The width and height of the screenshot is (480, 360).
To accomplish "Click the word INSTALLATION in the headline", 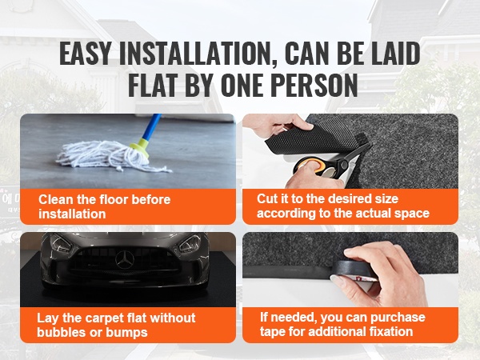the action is pos(198,54).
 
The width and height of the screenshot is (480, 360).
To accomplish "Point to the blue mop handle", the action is pos(152,127).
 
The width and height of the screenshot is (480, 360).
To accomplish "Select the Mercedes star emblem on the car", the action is pos(124,259).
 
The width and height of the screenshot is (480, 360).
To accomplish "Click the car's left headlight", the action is pos(61,243).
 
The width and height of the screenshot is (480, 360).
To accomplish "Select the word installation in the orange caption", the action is pos(72,214).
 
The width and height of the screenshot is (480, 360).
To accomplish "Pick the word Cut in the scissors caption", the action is pos(266,198).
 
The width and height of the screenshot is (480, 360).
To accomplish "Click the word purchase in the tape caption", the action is pos(398,318).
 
